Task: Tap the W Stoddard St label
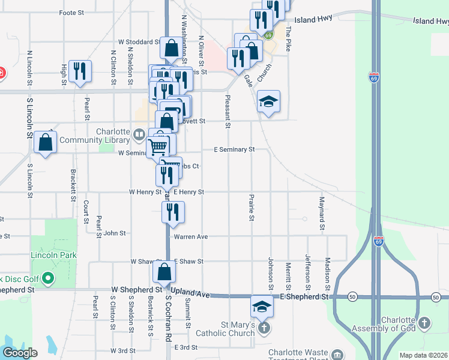tap(139, 43)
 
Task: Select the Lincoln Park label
tap(54, 255)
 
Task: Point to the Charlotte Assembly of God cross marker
tap(424, 323)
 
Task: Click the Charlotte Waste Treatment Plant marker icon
tap(337, 354)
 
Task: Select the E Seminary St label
tap(235, 149)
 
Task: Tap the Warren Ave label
tap(191, 237)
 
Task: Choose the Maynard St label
tap(322, 213)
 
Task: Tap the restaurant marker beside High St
tap(79, 71)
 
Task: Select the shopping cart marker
tap(157, 146)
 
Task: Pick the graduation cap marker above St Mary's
tap(262, 307)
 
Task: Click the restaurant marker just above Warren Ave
tap(173, 212)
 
